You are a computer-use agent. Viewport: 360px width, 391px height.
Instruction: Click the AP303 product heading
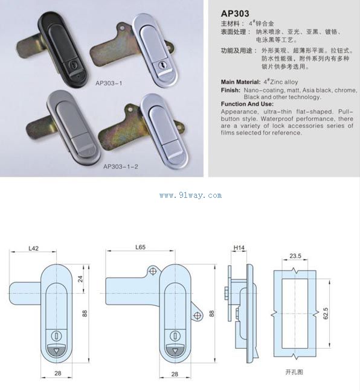coord(235,13)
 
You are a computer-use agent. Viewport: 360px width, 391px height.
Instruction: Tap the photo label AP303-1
coord(109,83)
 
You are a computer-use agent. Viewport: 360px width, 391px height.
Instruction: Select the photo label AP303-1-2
coord(121,167)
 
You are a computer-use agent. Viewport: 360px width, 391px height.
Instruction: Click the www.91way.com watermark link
coord(190,195)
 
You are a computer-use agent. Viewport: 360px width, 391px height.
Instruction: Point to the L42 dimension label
coord(33,248)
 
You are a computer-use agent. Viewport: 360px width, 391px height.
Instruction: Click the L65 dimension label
coord(140,247)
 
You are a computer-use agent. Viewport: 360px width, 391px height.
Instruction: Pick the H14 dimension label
coord(239,247)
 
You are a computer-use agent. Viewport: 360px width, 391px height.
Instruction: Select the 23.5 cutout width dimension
coord(295,256)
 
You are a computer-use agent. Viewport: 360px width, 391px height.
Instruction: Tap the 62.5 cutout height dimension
coord(326,313)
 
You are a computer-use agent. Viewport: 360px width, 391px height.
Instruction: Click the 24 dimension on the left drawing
coord(80,279)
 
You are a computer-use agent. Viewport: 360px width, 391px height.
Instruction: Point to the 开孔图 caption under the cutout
coord(294,372)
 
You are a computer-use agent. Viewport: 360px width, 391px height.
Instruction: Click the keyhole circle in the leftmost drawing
coord(56,336)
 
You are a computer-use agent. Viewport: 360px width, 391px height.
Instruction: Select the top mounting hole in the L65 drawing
coord(153,271)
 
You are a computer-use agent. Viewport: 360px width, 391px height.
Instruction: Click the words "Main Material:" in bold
coord(240,82)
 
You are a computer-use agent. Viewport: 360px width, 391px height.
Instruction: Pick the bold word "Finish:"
coord(231,91)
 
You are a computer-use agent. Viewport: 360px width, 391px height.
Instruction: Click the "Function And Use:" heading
coord(247,104)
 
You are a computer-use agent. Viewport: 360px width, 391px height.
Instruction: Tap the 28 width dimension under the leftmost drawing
coord(57,374)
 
